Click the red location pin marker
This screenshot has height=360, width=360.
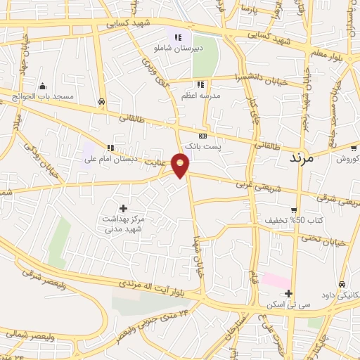[181, 165]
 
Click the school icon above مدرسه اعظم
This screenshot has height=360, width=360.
[201, 84]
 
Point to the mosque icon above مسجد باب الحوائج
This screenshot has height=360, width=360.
[42, 86]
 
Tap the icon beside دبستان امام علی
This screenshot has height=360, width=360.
[110, 148]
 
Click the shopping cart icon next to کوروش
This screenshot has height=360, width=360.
[354, 148]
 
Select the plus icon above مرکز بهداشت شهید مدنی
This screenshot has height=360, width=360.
[124, 208]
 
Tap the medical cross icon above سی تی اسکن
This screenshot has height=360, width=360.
[288, 293]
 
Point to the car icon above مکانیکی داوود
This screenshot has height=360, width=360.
[342, 285]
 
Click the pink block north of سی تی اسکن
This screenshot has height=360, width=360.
[277, 281]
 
